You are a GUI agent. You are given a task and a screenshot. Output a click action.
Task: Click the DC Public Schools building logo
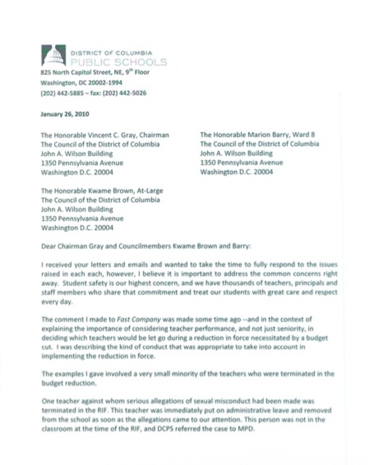pyautogui.click(x=53, y=56)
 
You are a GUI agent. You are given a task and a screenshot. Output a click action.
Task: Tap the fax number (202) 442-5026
pyautogui.click(x=127, y=93)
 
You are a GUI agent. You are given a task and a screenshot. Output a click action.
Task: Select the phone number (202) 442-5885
pyautogui.click(x=62, y=93)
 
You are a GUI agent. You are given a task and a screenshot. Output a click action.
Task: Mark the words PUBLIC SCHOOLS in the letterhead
pyautogui.click(x=118, y=62)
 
